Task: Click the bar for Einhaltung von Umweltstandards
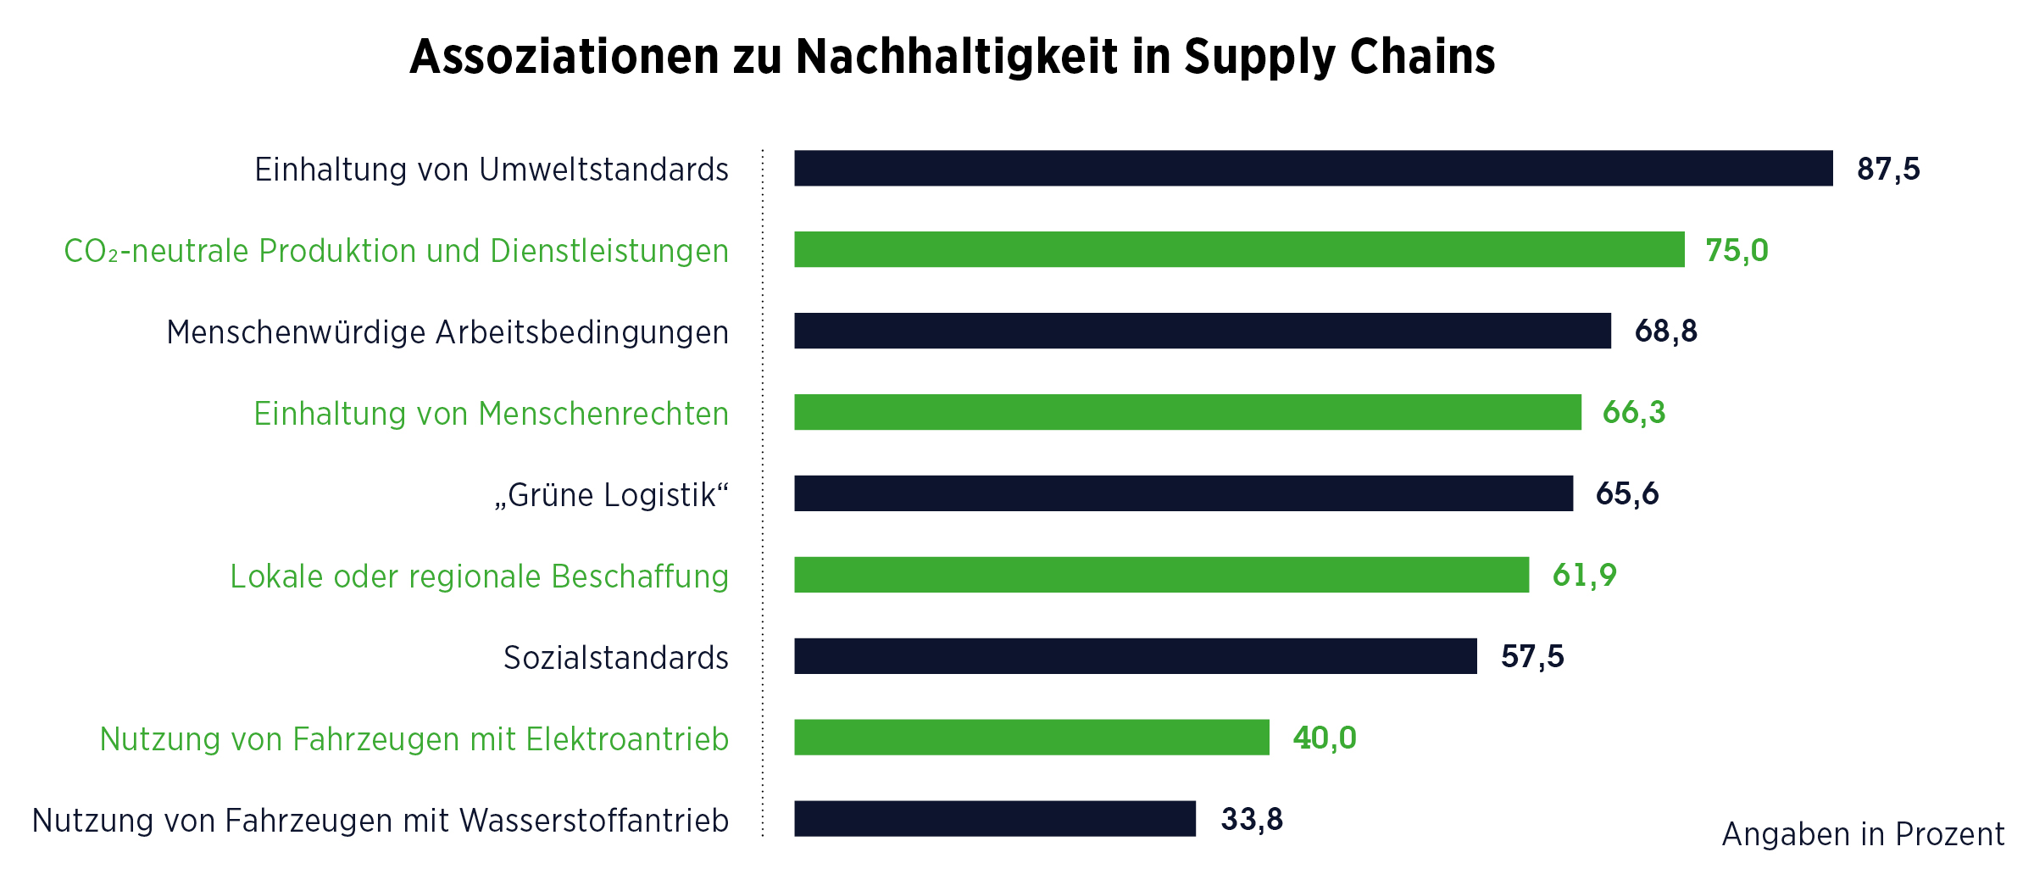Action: [1313, 168]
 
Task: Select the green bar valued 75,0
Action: [1239, 249]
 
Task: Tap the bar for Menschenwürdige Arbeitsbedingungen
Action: [1202, 331]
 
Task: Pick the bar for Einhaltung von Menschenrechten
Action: [1187, 412]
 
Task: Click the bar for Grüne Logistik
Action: [1183, 493]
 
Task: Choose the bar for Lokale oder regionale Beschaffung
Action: [1161, 575]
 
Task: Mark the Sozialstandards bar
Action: [1135, 656]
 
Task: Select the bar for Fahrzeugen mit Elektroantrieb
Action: [1031, 738]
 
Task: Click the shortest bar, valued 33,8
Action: [995, 819]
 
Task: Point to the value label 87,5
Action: [1888, 169]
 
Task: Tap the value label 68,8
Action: [1665, 331]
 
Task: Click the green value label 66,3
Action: [1633, 413]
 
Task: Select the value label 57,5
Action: [1532, 657]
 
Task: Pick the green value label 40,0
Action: [1325, 738]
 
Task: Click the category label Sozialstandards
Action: [615, 658]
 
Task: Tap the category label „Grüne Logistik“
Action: [611, 495]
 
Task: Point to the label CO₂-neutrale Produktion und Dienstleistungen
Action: [396, 251]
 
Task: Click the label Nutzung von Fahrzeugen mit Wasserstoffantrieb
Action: [380, 821]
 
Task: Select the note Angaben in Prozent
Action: [1863, 834]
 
